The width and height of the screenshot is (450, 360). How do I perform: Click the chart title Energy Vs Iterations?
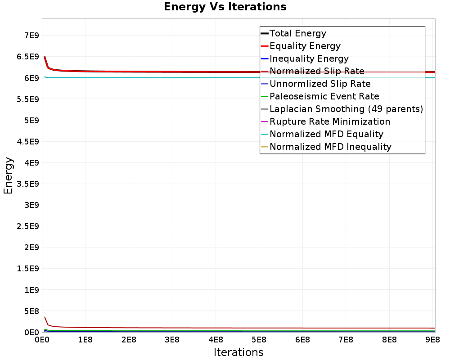tap(225, 7)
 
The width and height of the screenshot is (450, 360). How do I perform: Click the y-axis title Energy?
tap(8, 175)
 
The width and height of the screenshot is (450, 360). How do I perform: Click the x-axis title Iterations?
tap(238, 352)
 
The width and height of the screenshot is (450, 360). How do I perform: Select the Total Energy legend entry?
tap(297, 33)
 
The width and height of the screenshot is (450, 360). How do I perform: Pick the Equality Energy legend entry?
tap(305, 46)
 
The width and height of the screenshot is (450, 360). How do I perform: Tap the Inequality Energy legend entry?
tap(309, 58)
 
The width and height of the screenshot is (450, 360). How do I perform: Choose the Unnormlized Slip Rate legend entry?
tap(320, 84)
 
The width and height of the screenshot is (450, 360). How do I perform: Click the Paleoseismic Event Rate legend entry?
tap(324, 96)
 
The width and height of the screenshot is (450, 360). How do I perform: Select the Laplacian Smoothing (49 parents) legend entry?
tap(346, 109)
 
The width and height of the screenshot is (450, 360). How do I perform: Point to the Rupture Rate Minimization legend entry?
tap(330, 121)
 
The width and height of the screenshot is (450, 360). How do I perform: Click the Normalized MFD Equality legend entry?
tap(326, 134)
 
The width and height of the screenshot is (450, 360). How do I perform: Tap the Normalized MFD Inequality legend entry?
tap(330, 147)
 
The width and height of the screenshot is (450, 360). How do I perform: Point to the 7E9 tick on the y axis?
tap(30, 36)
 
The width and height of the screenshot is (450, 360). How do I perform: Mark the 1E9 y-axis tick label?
tap(30, 290)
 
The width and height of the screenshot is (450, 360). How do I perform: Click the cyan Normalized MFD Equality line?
tap(180, 78)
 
